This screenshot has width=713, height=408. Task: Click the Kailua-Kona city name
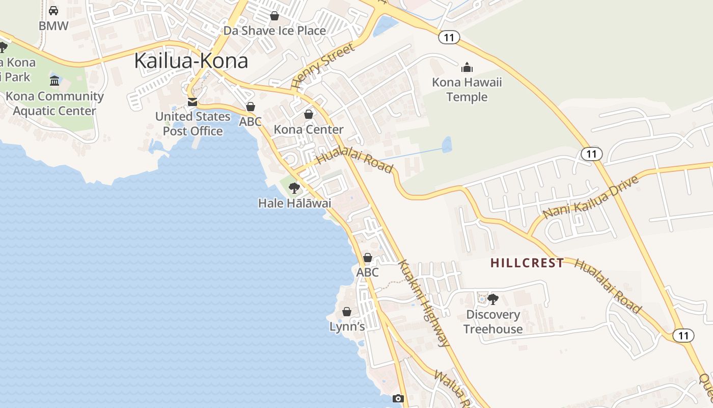click(191, 61)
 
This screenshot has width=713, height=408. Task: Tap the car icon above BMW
click(53, 11)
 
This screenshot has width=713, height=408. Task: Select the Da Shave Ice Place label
click(275, 31)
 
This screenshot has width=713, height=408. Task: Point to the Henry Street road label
click(323, 67)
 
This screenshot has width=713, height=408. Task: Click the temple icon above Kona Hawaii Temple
click(467, 67)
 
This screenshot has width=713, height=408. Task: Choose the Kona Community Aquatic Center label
click(54, 104)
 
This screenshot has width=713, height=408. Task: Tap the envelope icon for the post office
click(193, 102)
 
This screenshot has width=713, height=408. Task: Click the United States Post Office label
click(193, 124)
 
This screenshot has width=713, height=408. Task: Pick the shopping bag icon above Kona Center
click(309, 114)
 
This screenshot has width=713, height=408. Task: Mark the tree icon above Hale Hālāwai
click(294, 188)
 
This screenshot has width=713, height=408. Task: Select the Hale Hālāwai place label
click(294, 203)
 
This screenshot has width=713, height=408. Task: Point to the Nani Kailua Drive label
click(591, 198)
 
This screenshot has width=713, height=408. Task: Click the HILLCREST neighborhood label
click(527, 263)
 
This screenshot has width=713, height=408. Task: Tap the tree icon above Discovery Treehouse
click(492, 299)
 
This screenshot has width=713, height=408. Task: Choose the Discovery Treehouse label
click(493, 322)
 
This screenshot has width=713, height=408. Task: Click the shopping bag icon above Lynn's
click(347, 311)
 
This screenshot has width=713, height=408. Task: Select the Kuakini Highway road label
click(424, 304)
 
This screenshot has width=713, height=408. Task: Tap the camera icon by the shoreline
click(398, 398)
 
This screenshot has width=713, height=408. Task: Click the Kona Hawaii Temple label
click(467, 90)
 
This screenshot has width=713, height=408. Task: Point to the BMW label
click(53, 26)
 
